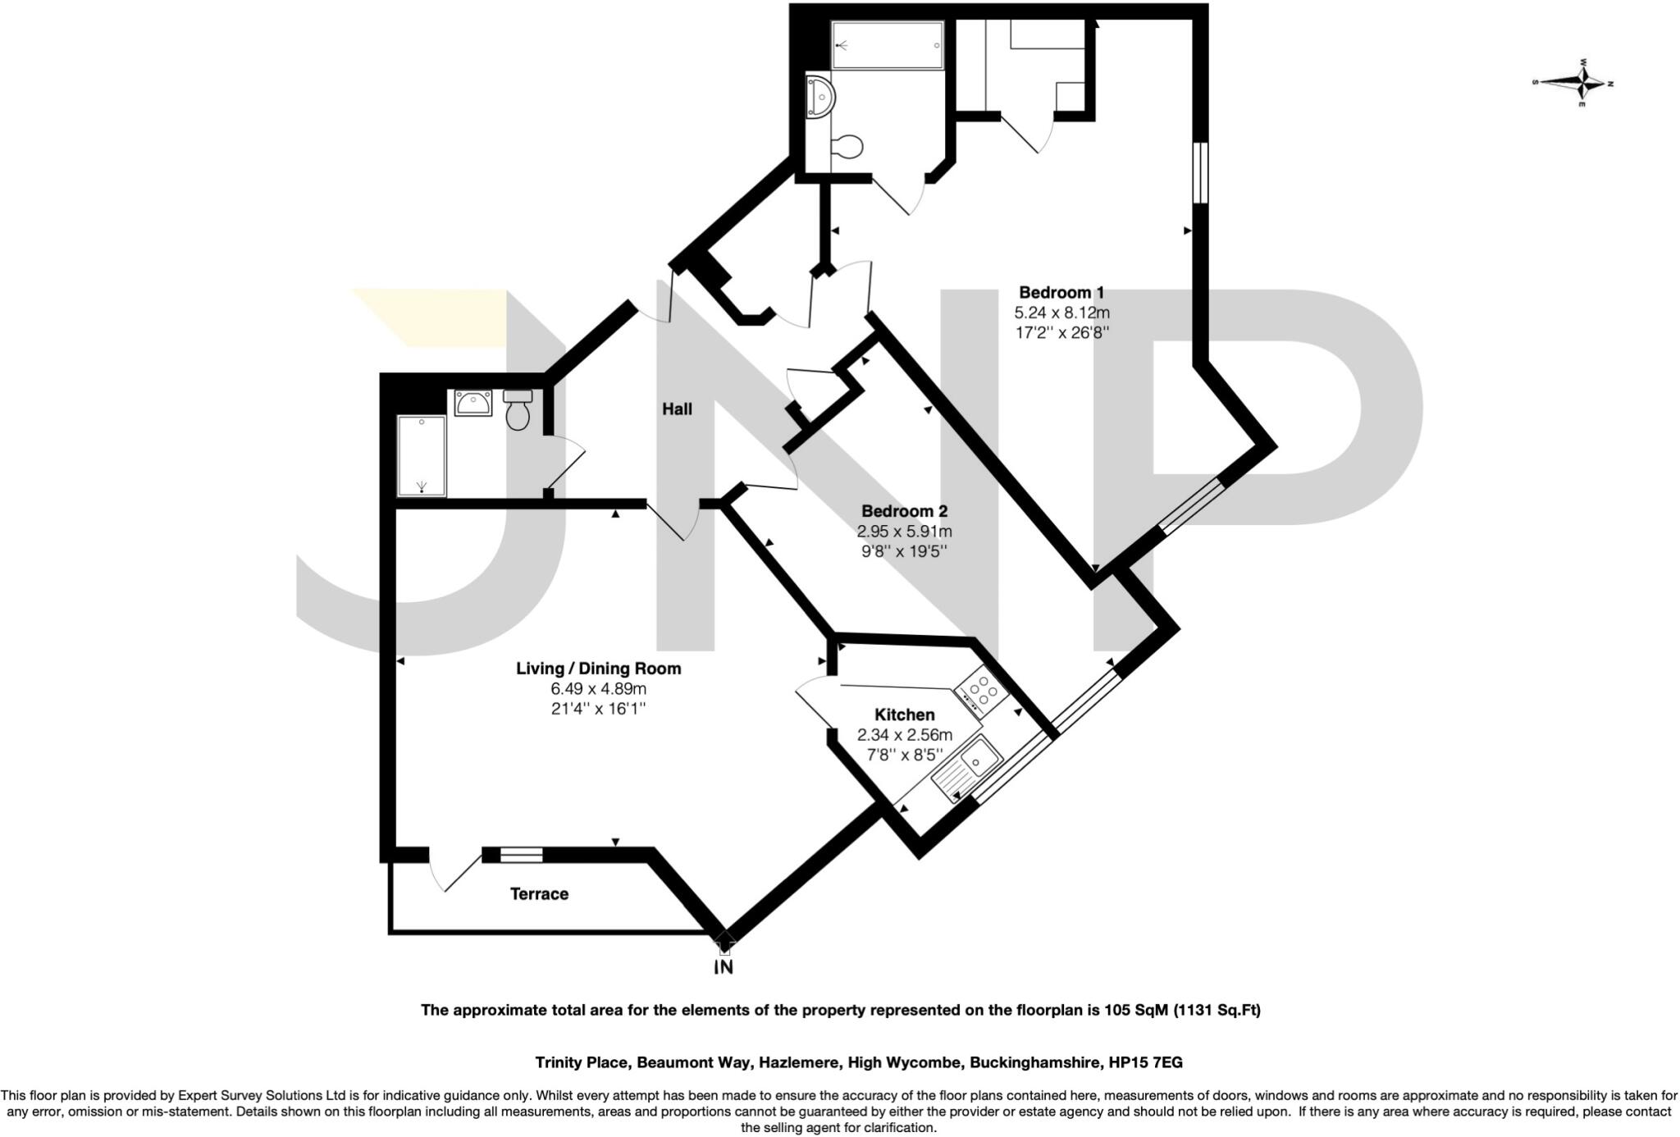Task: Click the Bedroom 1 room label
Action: point(1061,292)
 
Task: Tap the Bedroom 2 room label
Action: point(904,511)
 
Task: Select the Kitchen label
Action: point(904,715)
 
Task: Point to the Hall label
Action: point(677,409)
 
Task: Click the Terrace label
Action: point(539,893)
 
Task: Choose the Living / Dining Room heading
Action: point(598,668)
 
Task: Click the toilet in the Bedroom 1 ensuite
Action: point(846,148)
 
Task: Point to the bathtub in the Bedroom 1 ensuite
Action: point(887,45)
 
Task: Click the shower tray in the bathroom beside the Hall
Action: point(422,456)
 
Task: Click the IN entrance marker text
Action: point(724,968)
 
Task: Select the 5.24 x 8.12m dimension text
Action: point(1061,313)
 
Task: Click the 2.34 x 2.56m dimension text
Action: point(904,735)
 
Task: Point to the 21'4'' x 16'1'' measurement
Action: point(598,708)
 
